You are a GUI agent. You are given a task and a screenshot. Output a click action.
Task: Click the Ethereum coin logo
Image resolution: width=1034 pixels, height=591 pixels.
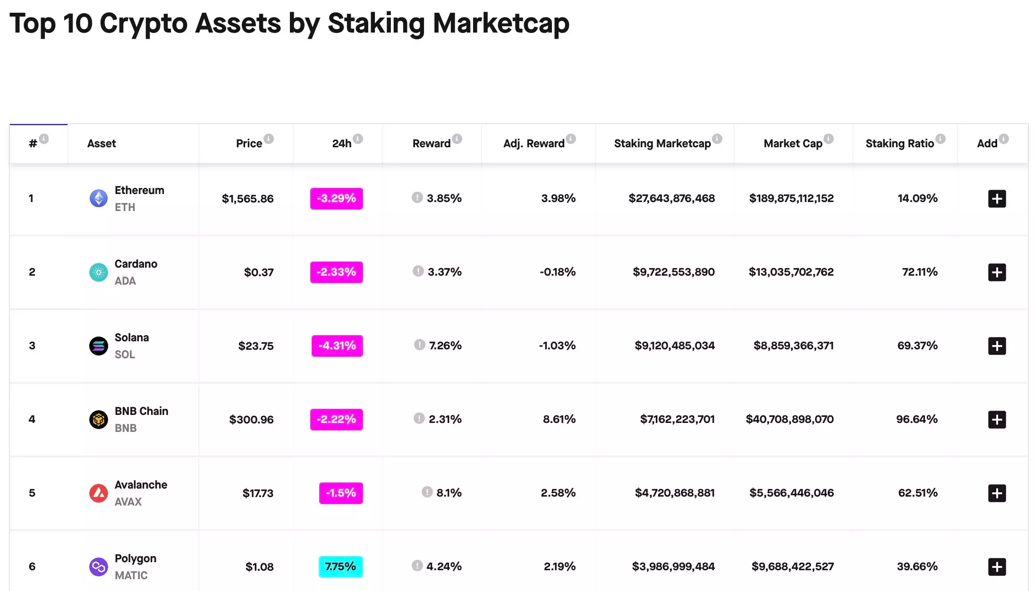[x=98, y=198]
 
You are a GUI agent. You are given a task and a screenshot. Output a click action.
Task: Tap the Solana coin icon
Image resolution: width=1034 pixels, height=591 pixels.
[x=98, y=346]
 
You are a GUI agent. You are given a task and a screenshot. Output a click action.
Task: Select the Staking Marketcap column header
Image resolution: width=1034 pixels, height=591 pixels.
[x=662, y=144]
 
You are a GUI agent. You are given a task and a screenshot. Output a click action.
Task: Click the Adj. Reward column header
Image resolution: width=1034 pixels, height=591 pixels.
[x=534, y=144]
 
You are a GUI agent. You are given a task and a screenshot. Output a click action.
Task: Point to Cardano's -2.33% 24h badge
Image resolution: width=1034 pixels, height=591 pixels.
[x=336, y=272]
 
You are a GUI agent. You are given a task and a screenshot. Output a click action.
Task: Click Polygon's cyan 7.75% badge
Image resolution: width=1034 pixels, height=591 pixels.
[x=340, y=566]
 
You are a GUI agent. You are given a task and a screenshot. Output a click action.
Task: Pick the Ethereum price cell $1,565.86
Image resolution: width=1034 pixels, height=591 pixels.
[x=247, y=199]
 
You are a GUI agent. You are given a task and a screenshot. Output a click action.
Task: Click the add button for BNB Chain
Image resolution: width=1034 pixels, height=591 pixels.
[x=997, y=420]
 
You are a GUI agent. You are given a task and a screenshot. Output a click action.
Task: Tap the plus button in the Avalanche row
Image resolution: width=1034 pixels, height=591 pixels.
[x=997, y=493]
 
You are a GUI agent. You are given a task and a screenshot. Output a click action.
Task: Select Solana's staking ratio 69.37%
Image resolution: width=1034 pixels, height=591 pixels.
[x=917, y=346]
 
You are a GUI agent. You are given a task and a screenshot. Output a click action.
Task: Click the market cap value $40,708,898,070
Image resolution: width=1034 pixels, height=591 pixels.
[x=789, y=419]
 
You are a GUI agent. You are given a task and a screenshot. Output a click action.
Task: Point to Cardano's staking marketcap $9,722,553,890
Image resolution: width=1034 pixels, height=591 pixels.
[x=673, y=272]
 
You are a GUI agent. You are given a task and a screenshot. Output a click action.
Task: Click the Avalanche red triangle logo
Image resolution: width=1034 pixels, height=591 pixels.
[x=98, y=493]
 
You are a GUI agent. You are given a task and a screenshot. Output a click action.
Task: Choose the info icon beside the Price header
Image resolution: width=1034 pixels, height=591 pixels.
[x=269, y=139]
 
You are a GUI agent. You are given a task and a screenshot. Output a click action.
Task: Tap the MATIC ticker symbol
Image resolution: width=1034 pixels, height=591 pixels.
[x=131, y=575]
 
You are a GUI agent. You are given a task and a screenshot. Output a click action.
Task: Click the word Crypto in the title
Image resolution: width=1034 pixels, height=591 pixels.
[x=144, y=24]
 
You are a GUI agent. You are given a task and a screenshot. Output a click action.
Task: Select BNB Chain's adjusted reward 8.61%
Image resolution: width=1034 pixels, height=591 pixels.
[x=559, y=419]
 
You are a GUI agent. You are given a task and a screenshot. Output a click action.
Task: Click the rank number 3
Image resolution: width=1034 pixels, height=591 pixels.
[x=32, y=346]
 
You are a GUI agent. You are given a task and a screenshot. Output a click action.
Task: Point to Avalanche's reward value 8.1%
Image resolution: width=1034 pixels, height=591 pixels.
[x=449, y=493]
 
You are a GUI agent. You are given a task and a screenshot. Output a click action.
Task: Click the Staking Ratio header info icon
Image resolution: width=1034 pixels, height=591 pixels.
[x=941, y=139]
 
